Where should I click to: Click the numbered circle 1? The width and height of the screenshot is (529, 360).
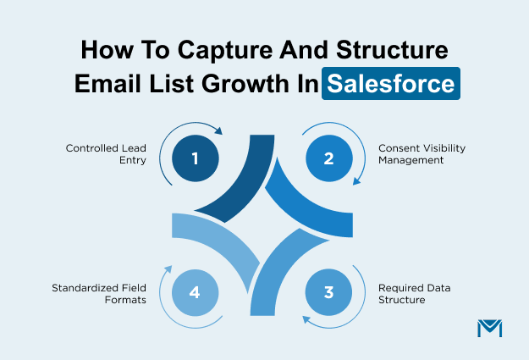coord(196,157)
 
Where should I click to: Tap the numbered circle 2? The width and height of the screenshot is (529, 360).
coord(328,157)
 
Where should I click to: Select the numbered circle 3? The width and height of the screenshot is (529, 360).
coord(328,292)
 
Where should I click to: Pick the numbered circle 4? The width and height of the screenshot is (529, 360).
coord(196,292)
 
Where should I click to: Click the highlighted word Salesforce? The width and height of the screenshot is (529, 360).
coord(391,85)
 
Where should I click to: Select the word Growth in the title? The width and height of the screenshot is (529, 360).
coord(245,85)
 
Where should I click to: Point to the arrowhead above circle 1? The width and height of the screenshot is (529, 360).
coord(218,131)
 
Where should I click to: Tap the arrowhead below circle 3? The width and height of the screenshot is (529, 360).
coord(306,320)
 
